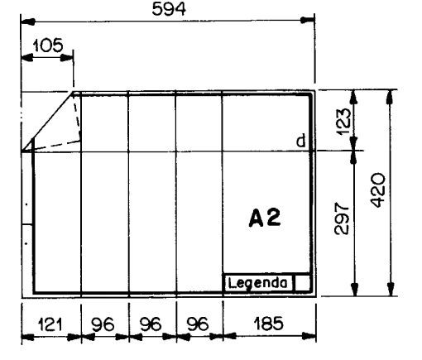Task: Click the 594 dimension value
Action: point(169,9)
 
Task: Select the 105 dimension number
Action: point(48,46)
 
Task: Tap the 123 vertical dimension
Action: point(344,121)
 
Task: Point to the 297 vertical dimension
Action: point(342,218)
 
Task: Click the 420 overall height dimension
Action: point(377,190)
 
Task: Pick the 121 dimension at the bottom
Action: point(50,324)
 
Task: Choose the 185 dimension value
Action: point(268,324)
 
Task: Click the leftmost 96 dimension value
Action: point(103,324)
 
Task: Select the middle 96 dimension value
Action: point(151,324)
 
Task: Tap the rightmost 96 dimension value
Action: point(198,324)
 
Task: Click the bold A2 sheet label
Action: point(265,218)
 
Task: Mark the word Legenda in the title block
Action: point(258,283)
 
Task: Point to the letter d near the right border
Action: point(301,141)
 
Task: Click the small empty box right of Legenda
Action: point(302,282)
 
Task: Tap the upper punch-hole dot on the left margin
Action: point(26,204)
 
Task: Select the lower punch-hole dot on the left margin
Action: point(26,243)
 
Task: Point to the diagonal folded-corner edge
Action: point(47,122)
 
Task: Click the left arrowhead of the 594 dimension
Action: point(28,21)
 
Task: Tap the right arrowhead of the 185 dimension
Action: point(309,336)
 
